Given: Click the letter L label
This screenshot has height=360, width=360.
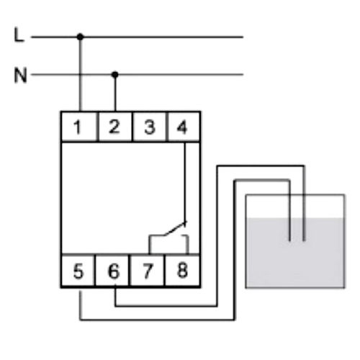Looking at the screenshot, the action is pyautogui.click(x=19, y=35).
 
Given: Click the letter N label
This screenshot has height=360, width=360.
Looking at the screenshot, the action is pyautogui.click(x=21, y=76).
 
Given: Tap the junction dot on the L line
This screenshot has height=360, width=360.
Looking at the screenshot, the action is pyautogui.click(x=81, y=37).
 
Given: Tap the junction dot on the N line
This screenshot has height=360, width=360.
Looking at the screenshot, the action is pyautogui.click(x=115, y=75).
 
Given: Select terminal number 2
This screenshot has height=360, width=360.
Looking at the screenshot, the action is pyautogui.click(x=114, y=127).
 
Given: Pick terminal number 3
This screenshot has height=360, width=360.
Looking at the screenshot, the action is pyautogui.click(x=150, y=127).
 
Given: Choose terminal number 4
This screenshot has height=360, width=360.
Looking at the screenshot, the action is pyautogui.click(x=182, y=127).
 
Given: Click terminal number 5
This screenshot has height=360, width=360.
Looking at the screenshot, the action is pyautogui.click(x=78, y=271).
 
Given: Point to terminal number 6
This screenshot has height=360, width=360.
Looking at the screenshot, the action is pyautogui.click(x=114, y=271).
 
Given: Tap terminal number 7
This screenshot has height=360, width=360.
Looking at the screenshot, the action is pyautogui.click(x=148, y=271).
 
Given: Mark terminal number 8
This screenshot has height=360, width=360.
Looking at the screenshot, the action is pyautogui.click(x=182, y=271).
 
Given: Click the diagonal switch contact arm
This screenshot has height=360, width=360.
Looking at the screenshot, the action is pyautogui.click(x=175, y=228).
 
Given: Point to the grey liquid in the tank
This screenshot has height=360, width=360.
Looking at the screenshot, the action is pyautogui.click(x=295, y=253).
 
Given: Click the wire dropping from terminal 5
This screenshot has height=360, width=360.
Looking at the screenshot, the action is pyautogui.click(x=81, y=305).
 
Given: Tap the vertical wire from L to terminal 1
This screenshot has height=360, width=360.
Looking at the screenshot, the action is pyautogui.click(x=81, y=74).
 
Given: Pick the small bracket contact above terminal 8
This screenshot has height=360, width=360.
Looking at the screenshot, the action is pyautogui.click(x=187, y=243).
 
